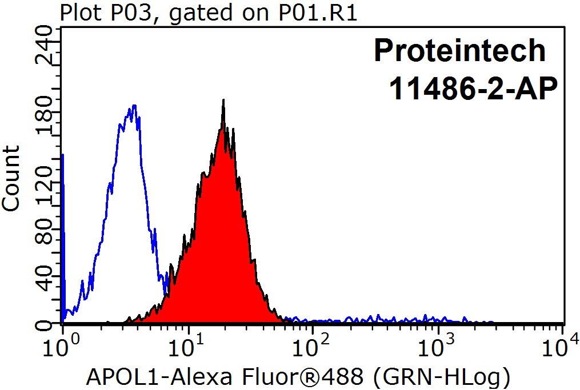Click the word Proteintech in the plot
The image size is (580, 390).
[x=460, y=50]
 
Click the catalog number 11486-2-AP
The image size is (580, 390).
[x=473, y=89]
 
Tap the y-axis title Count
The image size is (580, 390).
[x=10, y=178]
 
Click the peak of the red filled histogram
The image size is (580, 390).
[x=223, y=100]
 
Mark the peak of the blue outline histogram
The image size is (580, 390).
[x=134, y=106]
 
